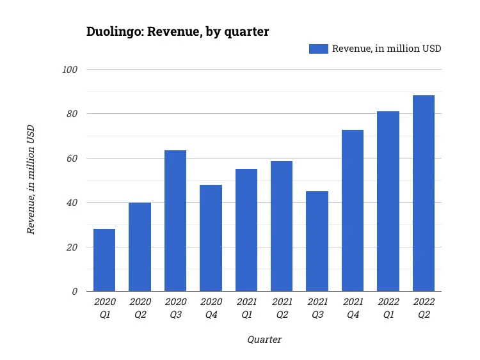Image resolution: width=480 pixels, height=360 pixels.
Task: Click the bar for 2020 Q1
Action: point(104,260)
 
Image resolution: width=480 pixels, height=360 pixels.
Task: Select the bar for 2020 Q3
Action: point(175,221)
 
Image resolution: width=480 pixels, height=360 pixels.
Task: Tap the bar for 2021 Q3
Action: point(317,241)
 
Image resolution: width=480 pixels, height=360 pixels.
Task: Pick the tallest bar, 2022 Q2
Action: point(423,193)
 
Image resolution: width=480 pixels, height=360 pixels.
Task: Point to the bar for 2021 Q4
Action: point(353,210)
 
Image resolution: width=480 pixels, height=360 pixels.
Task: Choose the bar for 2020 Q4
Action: point(211,238)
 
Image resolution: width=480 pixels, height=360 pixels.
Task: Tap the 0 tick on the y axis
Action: point(74,292)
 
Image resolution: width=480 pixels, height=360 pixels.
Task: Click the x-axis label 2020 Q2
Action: point(140,308)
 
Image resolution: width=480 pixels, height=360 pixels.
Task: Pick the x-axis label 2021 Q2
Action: point(282,308)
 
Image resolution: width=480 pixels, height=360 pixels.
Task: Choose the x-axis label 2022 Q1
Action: point(388,308)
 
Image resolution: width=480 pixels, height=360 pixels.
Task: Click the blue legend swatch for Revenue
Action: point(318,49)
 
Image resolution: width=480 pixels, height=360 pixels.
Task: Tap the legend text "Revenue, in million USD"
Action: point(386,49)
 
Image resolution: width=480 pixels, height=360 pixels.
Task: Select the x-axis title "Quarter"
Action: point(264,340)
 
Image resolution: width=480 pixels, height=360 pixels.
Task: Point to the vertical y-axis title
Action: point(31,180)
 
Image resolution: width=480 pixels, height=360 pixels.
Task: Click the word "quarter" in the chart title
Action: point(245,31)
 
